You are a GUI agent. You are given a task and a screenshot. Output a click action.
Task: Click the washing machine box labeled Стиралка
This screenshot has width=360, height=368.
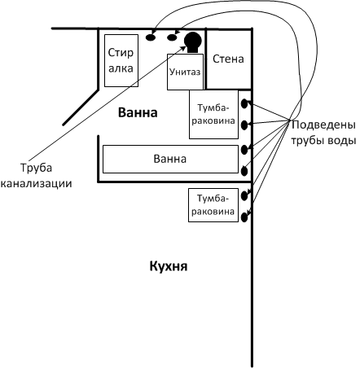pyautogui.click(x=121, y=60)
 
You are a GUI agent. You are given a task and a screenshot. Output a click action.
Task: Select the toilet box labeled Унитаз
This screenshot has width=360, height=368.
pyautogui.click(x=185, y=72)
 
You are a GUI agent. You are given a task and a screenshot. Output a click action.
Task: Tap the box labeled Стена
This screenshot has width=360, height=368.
pyautogui.click(x=228, y=59)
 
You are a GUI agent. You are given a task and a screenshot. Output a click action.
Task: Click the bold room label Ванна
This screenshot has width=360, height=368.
pyautogui.click(x=138, y=112)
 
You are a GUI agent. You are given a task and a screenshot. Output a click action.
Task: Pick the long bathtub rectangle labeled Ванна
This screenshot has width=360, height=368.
pyautogui.click(x=170, y=159)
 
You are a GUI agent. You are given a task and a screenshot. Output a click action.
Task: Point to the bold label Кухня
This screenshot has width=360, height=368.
pyautogui.click(x=169, y=266)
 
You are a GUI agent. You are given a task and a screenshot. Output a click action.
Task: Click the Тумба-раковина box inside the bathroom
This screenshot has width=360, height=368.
pyautogui.click(x=213, y=114)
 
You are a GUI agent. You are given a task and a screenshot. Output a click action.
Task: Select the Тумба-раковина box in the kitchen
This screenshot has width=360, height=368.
pyautogui.click(x=213, y=205)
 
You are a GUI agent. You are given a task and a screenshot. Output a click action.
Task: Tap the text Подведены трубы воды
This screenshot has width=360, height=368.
pyautogui.click(x=323, y=133)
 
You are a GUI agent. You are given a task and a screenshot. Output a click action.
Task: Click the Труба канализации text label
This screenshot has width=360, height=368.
pyautogui.click(x=36, y=175)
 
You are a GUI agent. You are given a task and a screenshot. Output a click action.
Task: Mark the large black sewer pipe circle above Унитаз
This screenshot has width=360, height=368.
pyautogui.click(x=193, y=42)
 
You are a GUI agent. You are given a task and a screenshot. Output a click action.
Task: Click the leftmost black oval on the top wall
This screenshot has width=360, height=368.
pyautogui.click(x=151, y=37)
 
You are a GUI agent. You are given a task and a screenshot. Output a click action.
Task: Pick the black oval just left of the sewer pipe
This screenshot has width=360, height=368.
pyautogui.click(x=172, y=37)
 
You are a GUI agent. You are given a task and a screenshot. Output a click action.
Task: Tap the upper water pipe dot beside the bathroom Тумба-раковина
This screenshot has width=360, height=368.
pyautogui.click(x=244, y=103)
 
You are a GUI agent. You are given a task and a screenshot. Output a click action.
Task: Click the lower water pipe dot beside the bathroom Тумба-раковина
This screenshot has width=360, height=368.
pyautogui.click(x=244, y=125)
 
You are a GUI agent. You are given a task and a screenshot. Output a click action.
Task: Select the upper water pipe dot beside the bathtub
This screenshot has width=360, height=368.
pyautogui.click(x=244, y=149)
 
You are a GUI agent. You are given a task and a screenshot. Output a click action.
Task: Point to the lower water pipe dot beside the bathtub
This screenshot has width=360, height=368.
pyautogui.click(x=244, y=171)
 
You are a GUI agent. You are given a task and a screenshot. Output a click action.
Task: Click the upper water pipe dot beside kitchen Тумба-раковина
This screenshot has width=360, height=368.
pyautogui.click(x=244, y=196)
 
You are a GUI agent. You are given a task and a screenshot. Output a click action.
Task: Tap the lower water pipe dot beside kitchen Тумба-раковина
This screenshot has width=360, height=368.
pyautogui.click(x=244, y=217)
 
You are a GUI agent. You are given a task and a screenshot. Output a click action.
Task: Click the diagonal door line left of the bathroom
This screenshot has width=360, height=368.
pyautogui.click(x=81, y=107)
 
